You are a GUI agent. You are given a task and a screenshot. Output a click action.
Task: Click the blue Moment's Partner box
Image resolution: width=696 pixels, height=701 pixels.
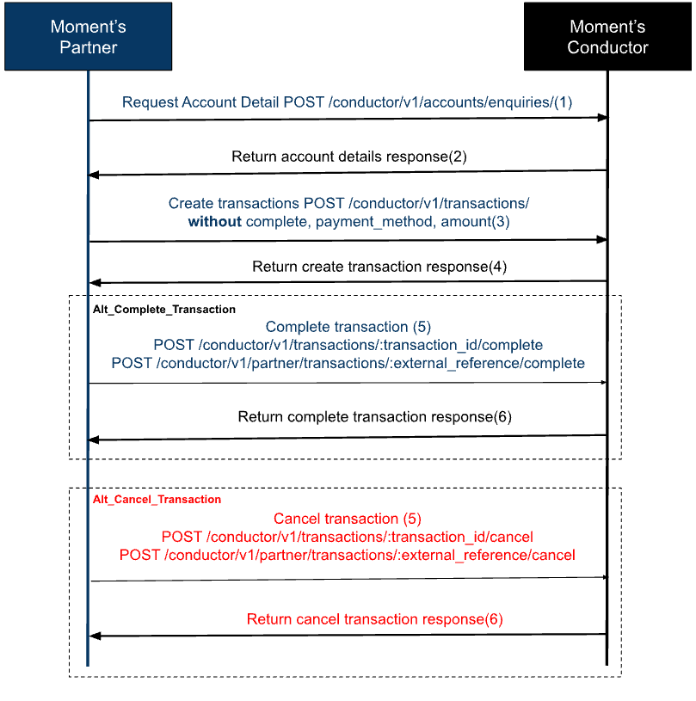pyautogui.click(x=88, y=36)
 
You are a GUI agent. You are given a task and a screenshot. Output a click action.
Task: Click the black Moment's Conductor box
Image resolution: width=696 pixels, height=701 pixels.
pyautogui.click(x=607, y=36)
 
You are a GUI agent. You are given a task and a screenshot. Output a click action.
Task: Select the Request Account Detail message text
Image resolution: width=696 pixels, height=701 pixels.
pyautogui.click(x=347, y=102)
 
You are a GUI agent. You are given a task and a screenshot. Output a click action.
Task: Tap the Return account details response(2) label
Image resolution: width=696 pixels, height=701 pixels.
pyautogui.click(x=348, y=157)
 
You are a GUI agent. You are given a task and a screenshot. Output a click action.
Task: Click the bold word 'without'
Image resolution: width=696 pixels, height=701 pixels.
pyautogui.click(x=214, y=223)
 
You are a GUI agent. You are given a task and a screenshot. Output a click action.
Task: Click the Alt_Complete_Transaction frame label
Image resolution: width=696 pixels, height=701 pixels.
pyautogui.click(x=163, y=309)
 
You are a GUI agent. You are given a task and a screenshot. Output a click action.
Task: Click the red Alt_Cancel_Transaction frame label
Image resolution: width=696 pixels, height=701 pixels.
pyautogui.click(x=157, y=499)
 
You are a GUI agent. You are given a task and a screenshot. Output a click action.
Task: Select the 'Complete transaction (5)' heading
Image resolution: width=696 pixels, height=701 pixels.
pyautogui.click(x=348, y=327)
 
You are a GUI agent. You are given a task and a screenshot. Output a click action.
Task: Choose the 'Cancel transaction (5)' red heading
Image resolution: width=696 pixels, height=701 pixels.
pyautogui.click(x=347, y=519)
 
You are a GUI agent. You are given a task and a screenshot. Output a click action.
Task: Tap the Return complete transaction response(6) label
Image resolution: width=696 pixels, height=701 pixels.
pyautogui.click(x=374, y=417)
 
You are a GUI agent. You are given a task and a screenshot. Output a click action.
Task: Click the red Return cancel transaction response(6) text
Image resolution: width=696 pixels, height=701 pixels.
pyautogui.click(x=374, y=619)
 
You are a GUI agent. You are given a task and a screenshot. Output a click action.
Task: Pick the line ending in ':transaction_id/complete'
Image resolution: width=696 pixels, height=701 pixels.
pyautogui.click(x=348, y=345)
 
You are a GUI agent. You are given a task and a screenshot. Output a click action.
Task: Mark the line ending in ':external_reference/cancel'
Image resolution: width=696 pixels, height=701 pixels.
pyautogui.click(x=347, y=555)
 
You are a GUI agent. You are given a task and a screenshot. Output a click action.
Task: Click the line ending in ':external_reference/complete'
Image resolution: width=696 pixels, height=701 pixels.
pyautogui.click(x=348, y=363)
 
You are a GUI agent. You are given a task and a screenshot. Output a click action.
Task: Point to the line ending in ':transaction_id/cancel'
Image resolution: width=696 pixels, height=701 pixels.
pyautogui.click(x=347, y=537)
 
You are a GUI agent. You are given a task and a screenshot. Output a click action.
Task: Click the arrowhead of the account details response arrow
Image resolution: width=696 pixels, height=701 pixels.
pyautogui.click(x=95, y=175)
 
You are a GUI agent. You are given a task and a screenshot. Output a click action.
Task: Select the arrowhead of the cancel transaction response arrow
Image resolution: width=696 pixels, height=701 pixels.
pyautogui.click(x=95, y=636)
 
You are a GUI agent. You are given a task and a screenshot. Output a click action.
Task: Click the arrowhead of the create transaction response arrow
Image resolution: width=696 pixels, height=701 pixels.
pyautogui.click(x=95, y=282)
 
